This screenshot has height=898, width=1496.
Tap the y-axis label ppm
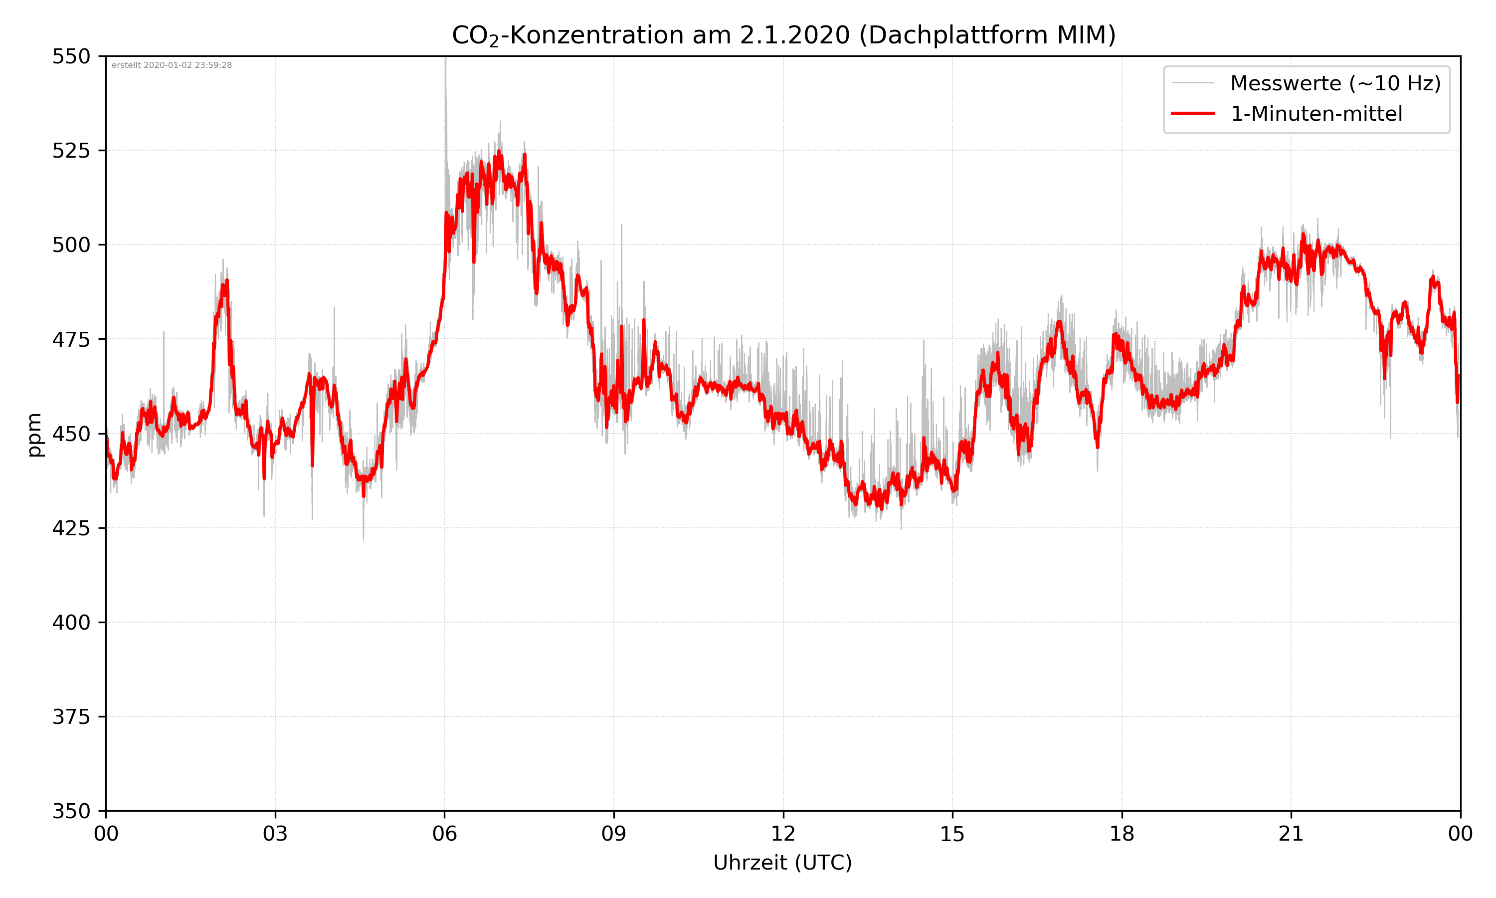34,435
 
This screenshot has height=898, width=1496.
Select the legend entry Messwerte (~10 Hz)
1335,83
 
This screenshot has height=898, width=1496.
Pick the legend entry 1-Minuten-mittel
1316,114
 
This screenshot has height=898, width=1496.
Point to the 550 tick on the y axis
71,56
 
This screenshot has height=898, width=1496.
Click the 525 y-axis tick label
71,151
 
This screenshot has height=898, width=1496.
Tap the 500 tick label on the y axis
71,245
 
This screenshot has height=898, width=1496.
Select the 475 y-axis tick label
71,339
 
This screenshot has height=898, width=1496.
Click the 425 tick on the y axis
71,528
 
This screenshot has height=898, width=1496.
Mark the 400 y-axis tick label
71,623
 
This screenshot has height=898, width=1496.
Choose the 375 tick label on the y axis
71,717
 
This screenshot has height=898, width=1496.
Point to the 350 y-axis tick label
71,812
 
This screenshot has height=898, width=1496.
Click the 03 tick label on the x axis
275,834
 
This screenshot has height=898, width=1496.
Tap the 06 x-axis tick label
444,834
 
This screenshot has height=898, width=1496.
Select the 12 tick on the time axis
783,834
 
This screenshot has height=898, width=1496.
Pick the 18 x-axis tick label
1122,834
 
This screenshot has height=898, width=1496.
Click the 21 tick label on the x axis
1291,834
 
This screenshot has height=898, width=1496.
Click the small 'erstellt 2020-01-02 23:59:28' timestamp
172,65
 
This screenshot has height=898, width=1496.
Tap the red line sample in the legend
1192,113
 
